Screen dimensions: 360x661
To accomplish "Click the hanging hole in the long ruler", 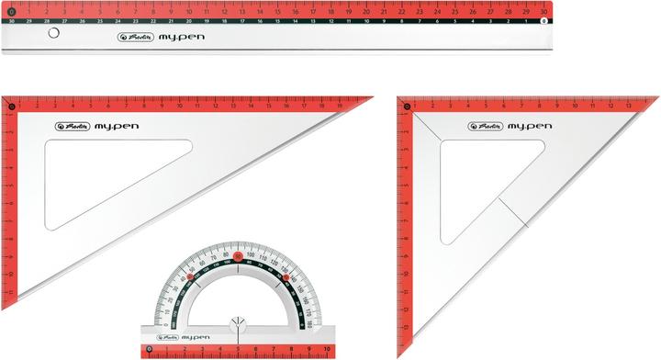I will pos(52,33).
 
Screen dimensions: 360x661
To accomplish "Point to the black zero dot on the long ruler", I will pos(11,12).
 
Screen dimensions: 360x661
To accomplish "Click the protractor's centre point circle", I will pos(238,322).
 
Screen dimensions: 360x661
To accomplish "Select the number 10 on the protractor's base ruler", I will pos(326,350).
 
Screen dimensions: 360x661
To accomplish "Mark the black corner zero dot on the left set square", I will pos(11,107).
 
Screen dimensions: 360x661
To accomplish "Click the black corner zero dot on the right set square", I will pos(405,107).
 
